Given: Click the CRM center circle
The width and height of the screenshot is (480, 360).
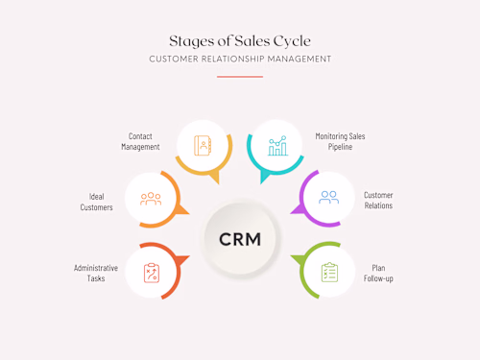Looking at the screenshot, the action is point(239,237).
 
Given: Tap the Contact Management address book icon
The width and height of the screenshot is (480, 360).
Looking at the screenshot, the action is point(202,145).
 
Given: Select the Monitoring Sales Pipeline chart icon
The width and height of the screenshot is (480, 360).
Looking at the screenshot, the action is point(277,145).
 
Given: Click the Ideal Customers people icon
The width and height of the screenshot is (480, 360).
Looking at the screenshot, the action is point(151,199).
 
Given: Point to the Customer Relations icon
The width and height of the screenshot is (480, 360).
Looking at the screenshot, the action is point(328,198).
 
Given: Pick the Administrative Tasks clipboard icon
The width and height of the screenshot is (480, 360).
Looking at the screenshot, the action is point(151,272).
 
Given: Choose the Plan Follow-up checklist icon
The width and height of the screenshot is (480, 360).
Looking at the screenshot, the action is point(329,272).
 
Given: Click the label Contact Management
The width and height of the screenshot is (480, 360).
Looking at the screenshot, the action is point(140,141).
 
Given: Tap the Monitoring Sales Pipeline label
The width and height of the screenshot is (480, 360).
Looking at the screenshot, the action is point(340,141).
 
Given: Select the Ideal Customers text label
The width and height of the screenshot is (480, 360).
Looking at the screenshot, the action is point(95,201).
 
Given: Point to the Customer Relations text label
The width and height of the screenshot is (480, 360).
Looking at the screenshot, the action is point(378,201).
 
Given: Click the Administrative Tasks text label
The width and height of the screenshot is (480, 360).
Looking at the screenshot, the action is point(96,273).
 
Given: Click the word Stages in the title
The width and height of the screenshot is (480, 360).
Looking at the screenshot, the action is point(189,40).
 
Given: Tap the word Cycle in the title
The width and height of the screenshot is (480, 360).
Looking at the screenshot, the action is point(291,40).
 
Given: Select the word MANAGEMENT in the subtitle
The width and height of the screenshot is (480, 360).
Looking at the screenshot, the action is point(300,60).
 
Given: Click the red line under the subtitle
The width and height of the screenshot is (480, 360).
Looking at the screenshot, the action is point(239,77).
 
